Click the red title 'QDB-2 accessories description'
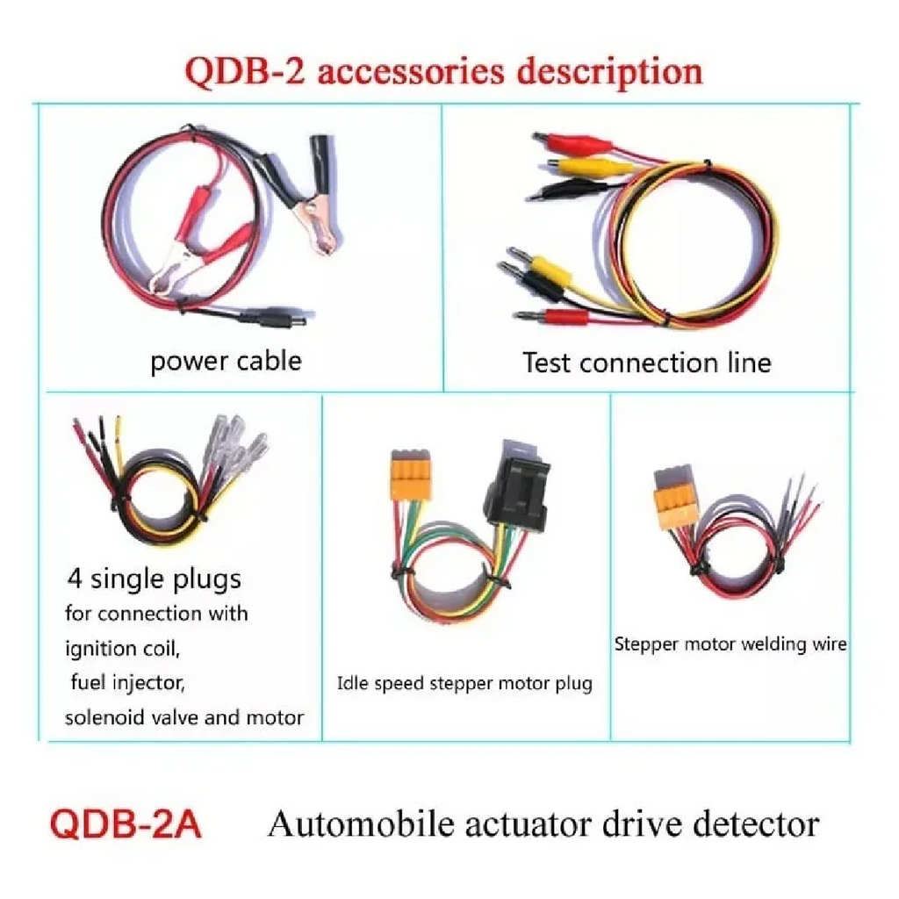pyautogui.click(x=443, y=72)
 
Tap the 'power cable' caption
pyautogui.click(x=226, y=362)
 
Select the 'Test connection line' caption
pyautogui.click(x=647, y=363)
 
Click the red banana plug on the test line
pyautogui.click(x=551, y=316)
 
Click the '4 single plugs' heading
pyautogui.click(x=155, y=579)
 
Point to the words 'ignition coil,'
pyautogui.click(x=123, y=649)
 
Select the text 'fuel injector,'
pyautogui.click(x=127, y=682)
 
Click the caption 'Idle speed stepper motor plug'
pyautogui.click(x=464, y=683)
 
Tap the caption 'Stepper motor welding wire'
pyautogui.click(x=730, y=644)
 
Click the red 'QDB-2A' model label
pyautogui.click(x=126, y=824)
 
